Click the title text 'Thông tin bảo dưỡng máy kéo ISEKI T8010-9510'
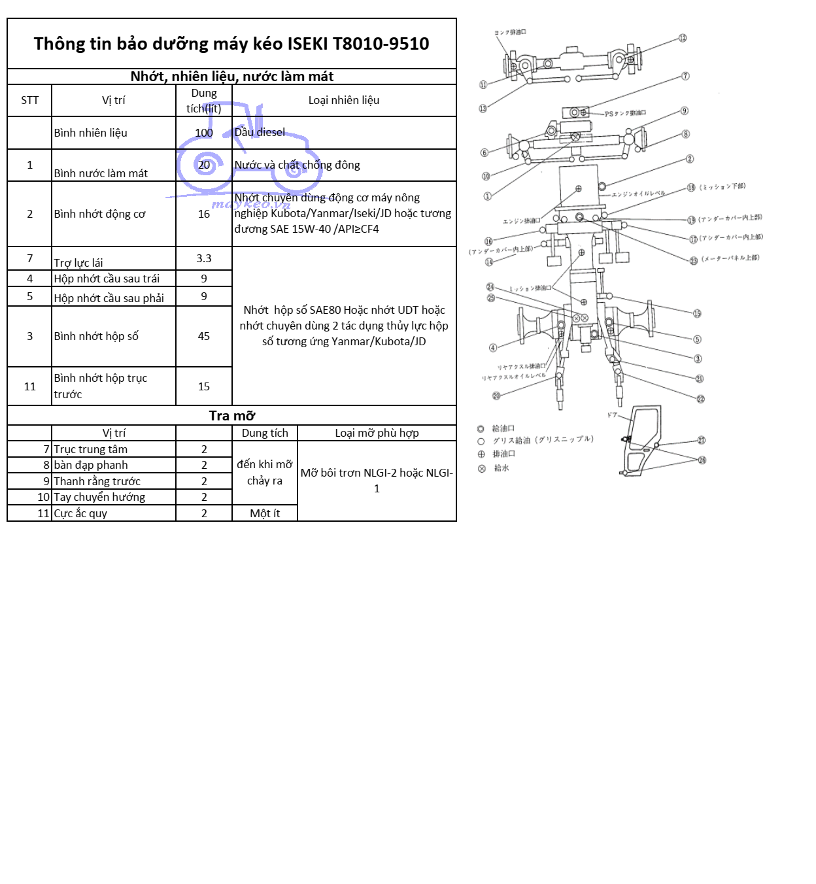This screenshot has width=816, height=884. click(231, 44)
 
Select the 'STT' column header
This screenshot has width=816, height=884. click(29, 100)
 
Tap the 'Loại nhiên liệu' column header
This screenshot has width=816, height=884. click(343, 100)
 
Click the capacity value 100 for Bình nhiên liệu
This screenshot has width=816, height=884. click(203, 133)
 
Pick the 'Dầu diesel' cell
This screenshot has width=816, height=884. click(260, 132)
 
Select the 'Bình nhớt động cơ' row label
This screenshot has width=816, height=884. click(99, 214)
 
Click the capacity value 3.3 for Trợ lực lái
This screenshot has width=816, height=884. click(203, 258)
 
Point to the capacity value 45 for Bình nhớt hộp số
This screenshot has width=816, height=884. click(203, 336)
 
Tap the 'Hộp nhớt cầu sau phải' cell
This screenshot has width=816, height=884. click(109, 298)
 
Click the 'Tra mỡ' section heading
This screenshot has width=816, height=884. click(231, 416)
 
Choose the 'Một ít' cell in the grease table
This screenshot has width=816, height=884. click(265, 513)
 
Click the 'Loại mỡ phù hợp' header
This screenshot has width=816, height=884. click(377, 433)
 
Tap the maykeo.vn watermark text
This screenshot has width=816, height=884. click(250, 204)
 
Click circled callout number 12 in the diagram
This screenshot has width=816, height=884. click(682, 38)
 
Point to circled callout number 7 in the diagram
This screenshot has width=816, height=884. click(685, 76)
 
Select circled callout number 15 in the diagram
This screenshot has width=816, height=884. click(697, 314)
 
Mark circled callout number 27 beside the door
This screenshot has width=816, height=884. click(701, 440)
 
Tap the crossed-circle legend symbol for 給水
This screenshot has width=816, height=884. click(482, 468)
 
